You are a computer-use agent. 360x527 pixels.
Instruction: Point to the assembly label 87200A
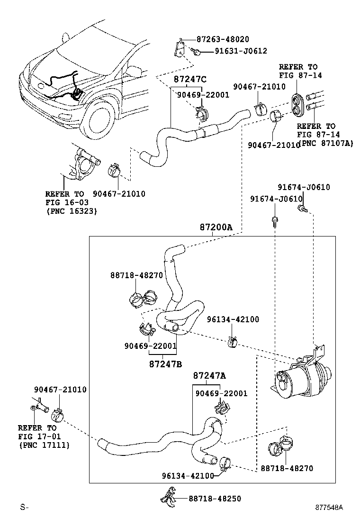[x=216, y=227]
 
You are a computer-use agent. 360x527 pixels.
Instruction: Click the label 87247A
[x=209, y=375]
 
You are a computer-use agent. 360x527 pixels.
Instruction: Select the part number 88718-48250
[x=215, y=499]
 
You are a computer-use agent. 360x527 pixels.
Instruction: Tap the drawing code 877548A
[x=329, y=507]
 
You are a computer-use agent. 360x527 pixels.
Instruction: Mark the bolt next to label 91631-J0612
[x=195, y=51]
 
